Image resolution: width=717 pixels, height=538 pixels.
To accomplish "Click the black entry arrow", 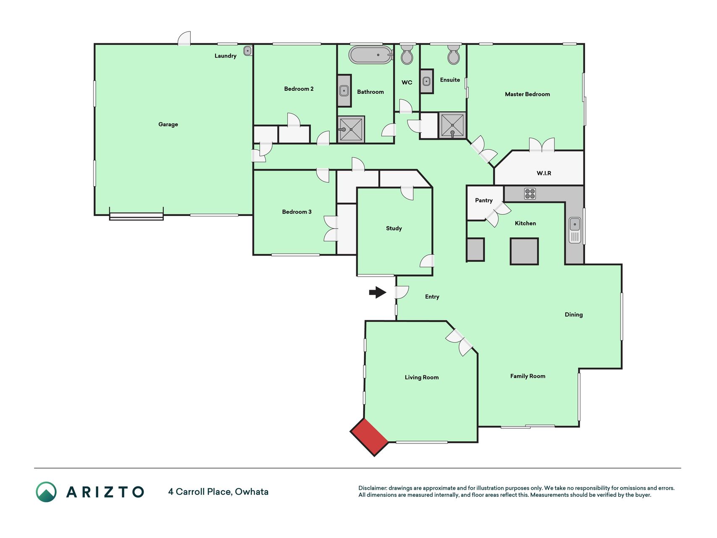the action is [x=378, y=292].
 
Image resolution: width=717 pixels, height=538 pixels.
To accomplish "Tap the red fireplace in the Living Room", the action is [x=370, y=437].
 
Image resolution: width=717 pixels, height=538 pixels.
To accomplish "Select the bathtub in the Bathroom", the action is [x=370, y=55].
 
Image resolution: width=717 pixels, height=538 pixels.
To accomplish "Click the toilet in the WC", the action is [x=407, y=55].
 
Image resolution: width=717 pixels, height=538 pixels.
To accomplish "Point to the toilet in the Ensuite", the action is [x=454, y=55].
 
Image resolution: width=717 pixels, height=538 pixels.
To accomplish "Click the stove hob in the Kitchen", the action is [x=530, y=194].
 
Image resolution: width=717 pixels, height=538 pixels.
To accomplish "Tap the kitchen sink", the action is [x=575, y=230].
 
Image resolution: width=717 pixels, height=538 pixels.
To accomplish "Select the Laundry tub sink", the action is [x=248, y=51].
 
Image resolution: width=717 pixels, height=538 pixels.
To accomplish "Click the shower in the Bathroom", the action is [x=351, y=129].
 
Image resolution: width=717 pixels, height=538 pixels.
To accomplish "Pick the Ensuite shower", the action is [x=452, y=125].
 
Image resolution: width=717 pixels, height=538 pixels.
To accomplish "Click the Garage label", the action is [x=168, y=124].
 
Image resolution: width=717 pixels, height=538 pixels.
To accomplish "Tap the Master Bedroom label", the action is [x=527, y=94].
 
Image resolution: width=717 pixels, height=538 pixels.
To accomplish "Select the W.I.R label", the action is [x=544, y=173].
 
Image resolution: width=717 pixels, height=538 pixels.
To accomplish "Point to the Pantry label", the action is [x=484, y=200].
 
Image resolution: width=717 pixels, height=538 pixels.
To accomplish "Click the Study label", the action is [x=394, y=228].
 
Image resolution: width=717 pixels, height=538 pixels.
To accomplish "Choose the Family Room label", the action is [x=528, y=376].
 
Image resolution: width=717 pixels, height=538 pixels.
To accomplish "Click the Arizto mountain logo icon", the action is [x=46, y=492].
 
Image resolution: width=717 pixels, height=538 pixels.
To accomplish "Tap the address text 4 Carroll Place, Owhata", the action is [x=218, y=492].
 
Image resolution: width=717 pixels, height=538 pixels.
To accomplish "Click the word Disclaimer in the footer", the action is [x=373, y=488].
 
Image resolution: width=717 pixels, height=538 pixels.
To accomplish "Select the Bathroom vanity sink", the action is [x=344, y=90].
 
